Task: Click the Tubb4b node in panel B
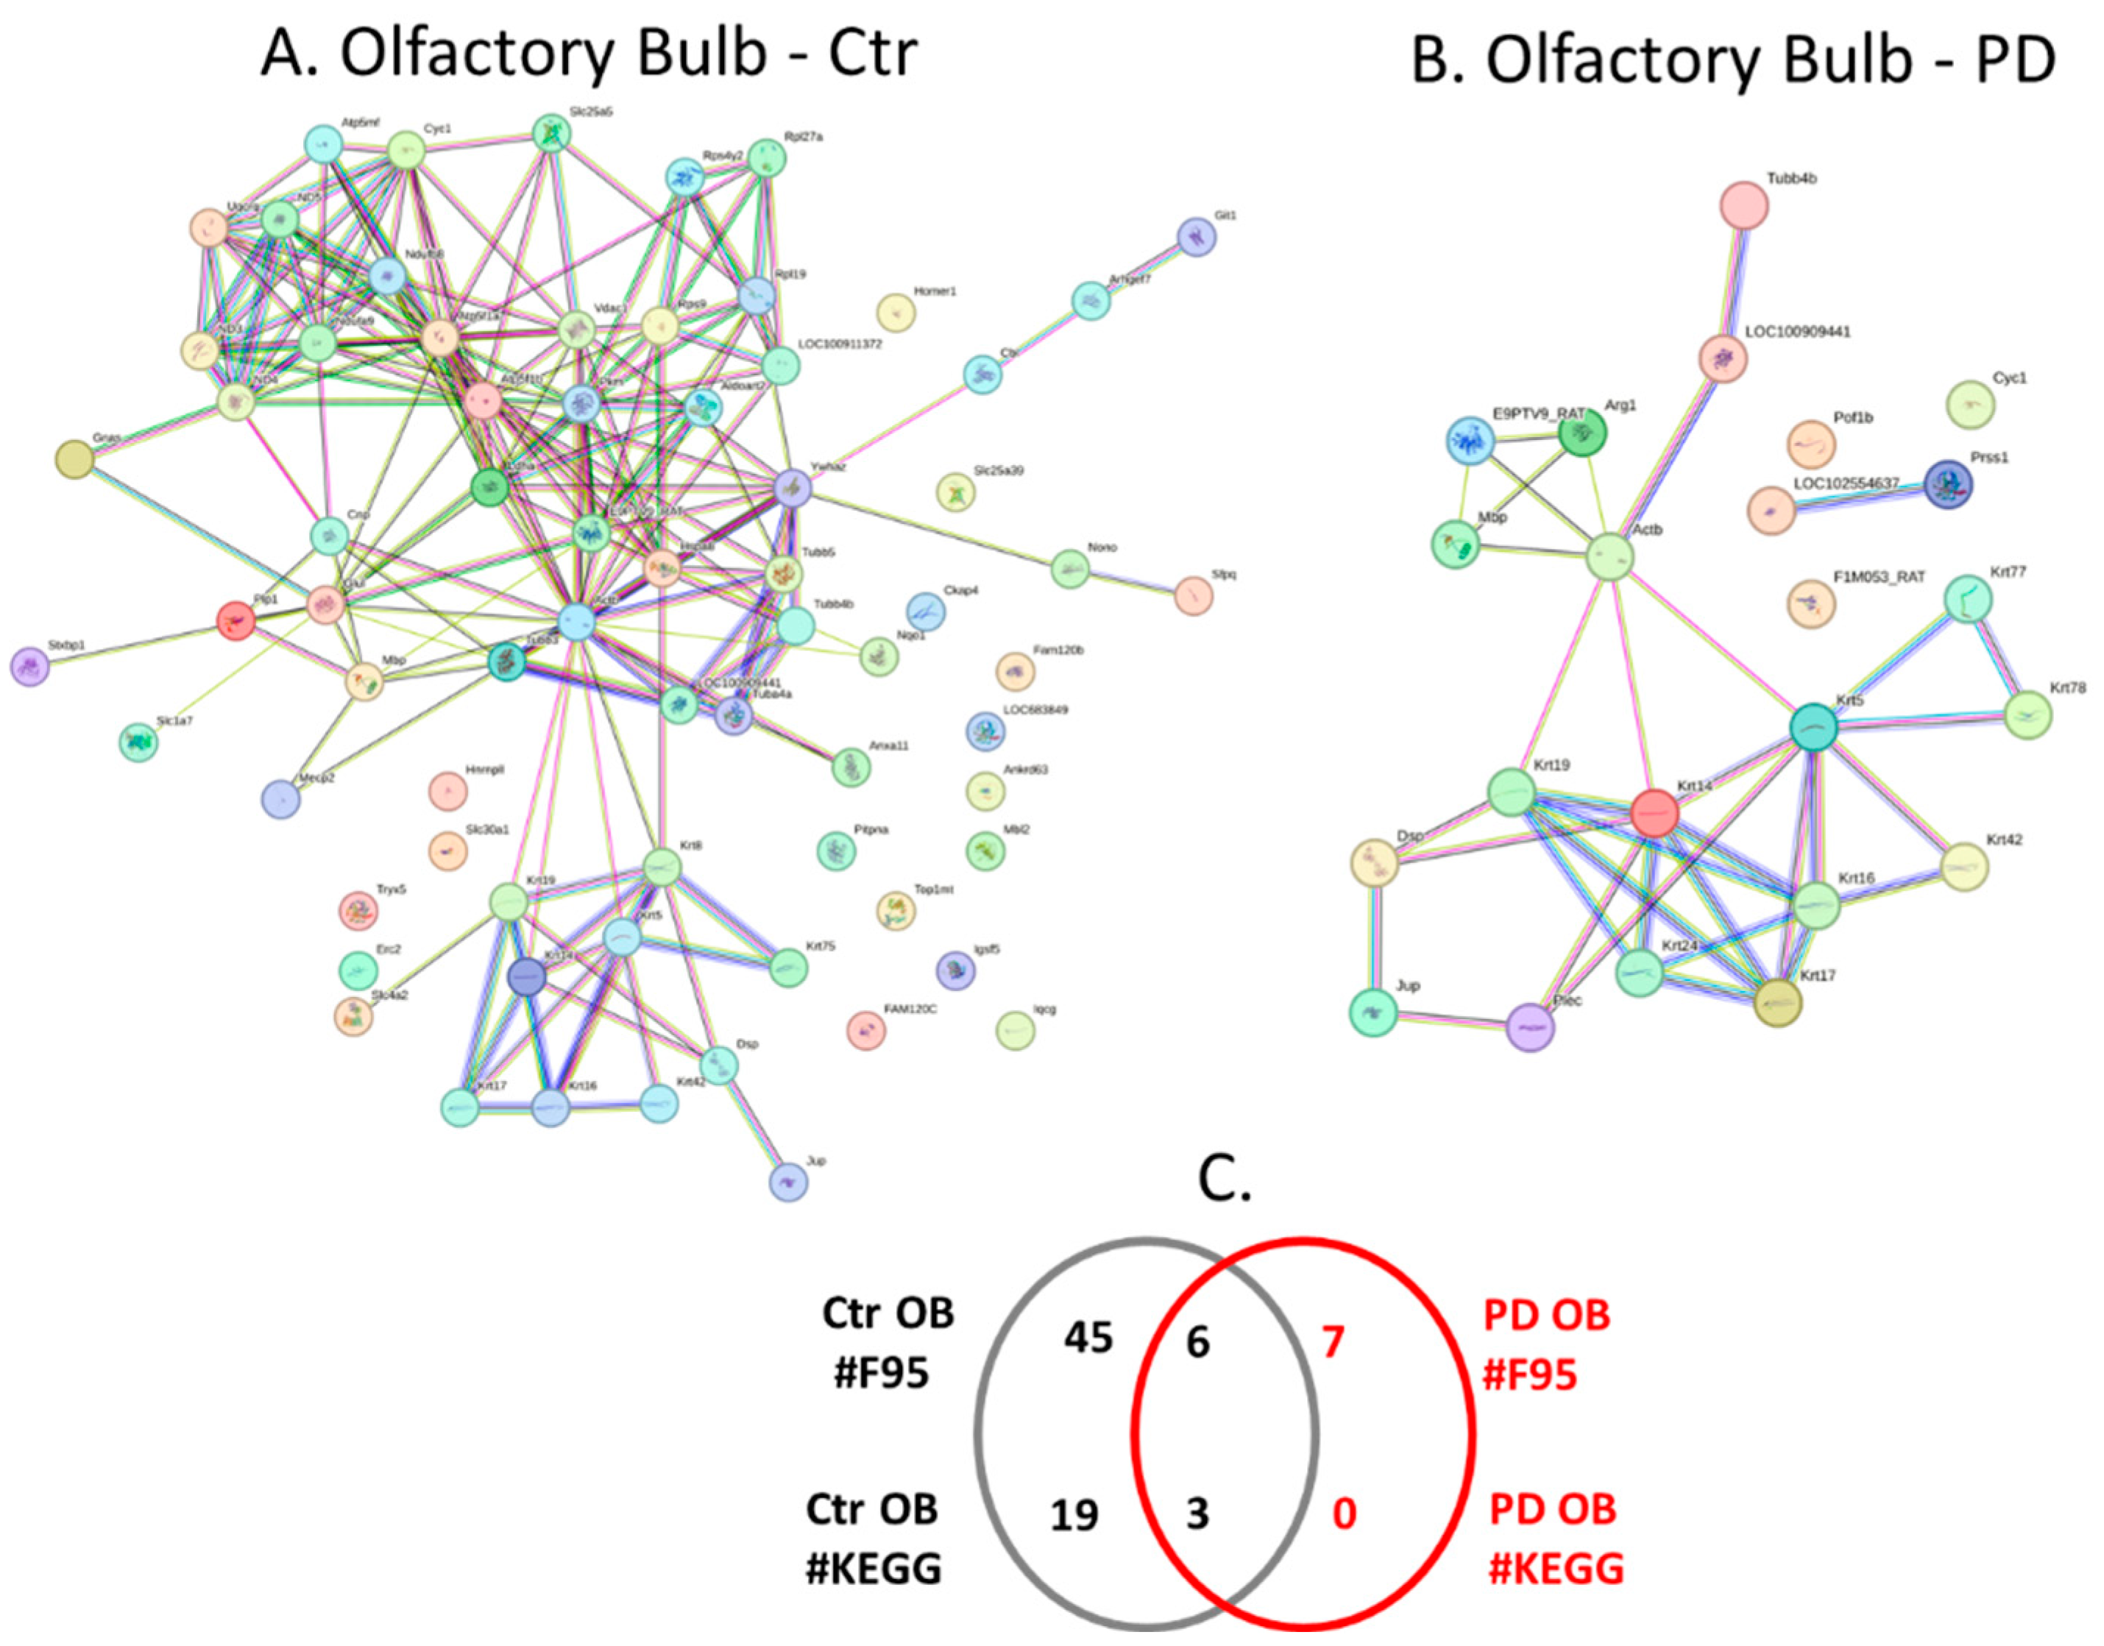point(1743,205)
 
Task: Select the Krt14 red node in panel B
point(1655,813)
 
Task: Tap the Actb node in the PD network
point(1610,556)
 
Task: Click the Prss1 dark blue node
point(1948,483)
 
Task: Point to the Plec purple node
point(1529,1026)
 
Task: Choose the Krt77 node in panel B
point(1967,600)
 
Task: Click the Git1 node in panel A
point(1197,236)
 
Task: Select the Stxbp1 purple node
point(30,666)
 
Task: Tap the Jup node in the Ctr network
point(787,1182)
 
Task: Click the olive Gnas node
point(75,458)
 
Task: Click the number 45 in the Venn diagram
point(1088,1338)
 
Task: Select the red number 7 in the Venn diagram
point(1332,1341)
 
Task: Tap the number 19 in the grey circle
point(1073,1515)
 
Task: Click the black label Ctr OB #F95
point(887,1342)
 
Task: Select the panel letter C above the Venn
point(1224,1180)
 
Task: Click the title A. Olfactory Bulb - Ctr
point(589,53)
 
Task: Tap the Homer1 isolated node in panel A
point(896,312)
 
